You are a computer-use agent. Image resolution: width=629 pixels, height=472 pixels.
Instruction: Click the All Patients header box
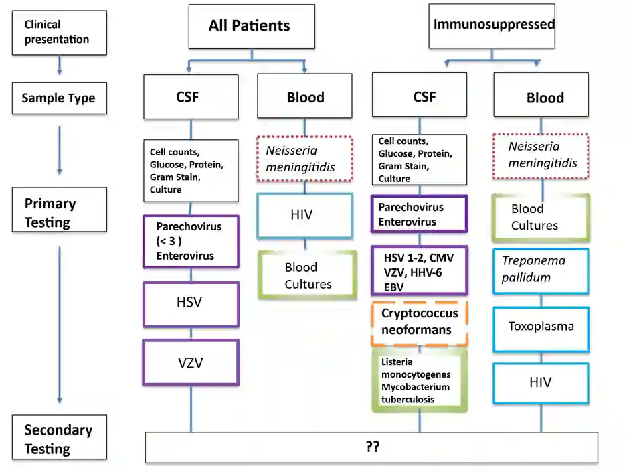(251, 27)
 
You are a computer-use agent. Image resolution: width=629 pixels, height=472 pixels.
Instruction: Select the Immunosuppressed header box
(494, 25)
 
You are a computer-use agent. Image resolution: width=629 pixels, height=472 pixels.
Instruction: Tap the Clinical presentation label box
(58, 32)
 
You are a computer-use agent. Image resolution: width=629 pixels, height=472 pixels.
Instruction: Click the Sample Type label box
(59, 98)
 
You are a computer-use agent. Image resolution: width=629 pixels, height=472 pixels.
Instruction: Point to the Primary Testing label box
(59, 212)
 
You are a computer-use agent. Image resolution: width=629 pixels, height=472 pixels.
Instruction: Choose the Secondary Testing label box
(59, 439)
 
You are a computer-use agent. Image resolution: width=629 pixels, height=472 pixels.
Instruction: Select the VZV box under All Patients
(191, 363)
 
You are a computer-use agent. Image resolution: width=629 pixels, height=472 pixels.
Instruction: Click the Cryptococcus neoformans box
(420, 323)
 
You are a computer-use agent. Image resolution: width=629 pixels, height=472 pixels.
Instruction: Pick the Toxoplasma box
(541, 327)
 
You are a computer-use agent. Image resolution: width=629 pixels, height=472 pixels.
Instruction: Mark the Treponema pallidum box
(541, 269)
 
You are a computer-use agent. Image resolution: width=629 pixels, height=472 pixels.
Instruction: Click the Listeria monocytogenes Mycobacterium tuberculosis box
(420, 380)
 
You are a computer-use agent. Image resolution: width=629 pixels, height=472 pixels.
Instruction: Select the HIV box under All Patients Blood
(304, 216)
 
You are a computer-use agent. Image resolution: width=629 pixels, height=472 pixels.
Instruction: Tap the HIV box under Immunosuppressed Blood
(541, 383)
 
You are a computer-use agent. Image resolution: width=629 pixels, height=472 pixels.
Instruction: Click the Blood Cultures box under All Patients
(304, 275)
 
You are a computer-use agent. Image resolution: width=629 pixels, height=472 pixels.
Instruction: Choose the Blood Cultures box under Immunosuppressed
(541, 217)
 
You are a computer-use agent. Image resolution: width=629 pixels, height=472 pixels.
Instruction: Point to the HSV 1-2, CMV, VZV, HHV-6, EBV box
(420, 270)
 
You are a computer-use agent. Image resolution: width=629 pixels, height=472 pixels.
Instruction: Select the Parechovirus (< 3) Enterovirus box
(191, 241)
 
